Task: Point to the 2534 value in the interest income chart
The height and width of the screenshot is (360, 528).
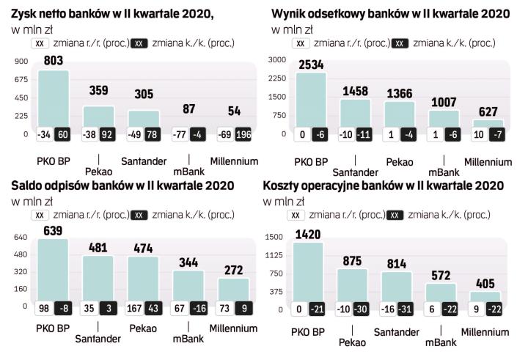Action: click(x=311, y=65)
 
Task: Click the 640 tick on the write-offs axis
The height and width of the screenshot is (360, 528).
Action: click(x=20, y=237)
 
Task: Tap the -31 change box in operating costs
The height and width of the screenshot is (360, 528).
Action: click(x=404, y=310)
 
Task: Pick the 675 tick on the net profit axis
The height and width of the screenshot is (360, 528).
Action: click(x=20, y=79)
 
